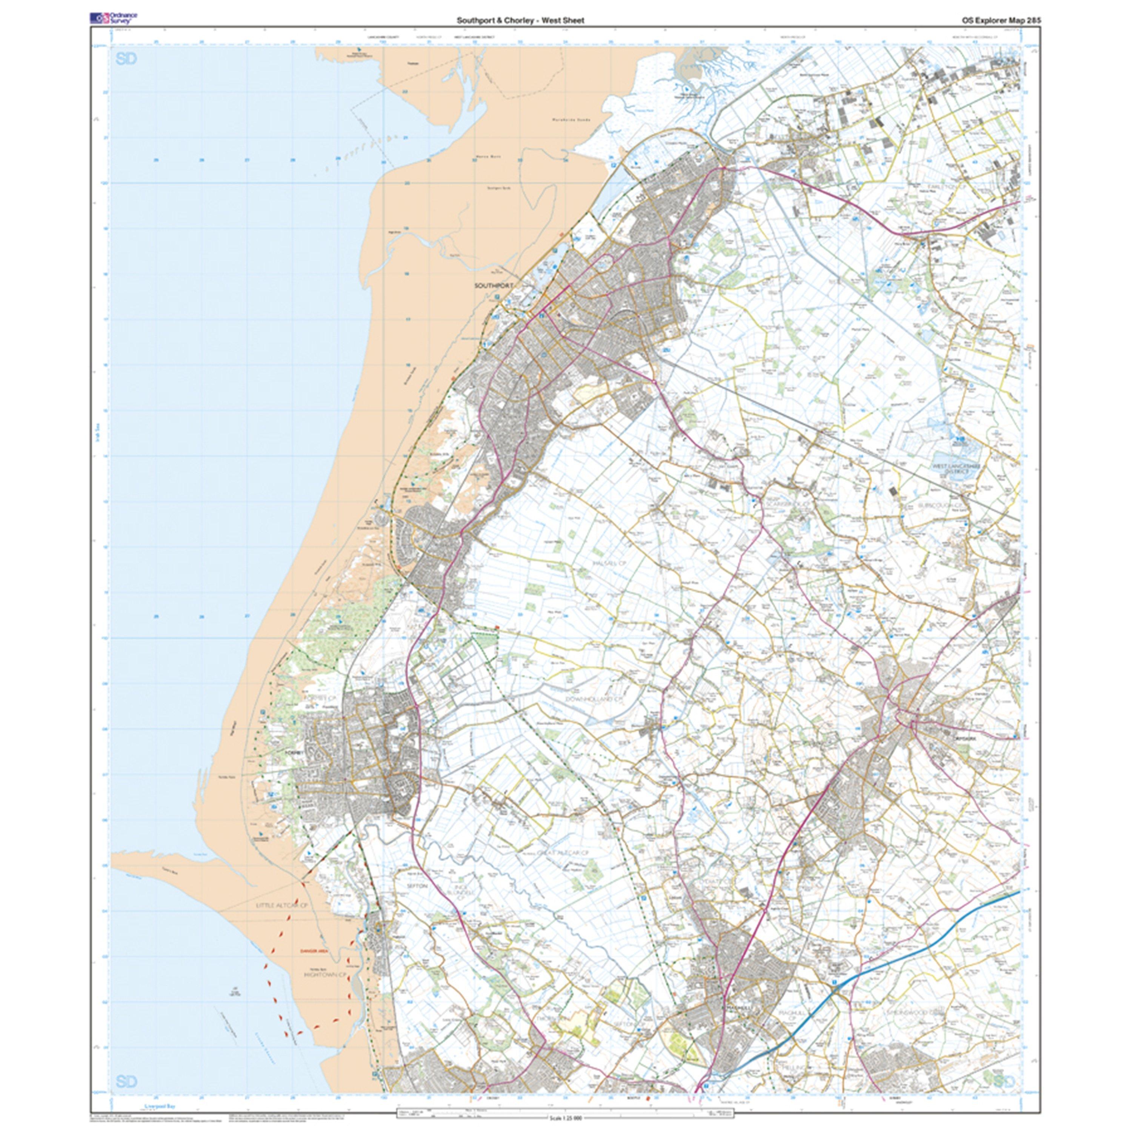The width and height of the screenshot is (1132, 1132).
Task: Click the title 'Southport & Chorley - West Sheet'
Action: [520, 20]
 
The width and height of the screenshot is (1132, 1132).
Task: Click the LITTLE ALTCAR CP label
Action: [282, 922]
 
